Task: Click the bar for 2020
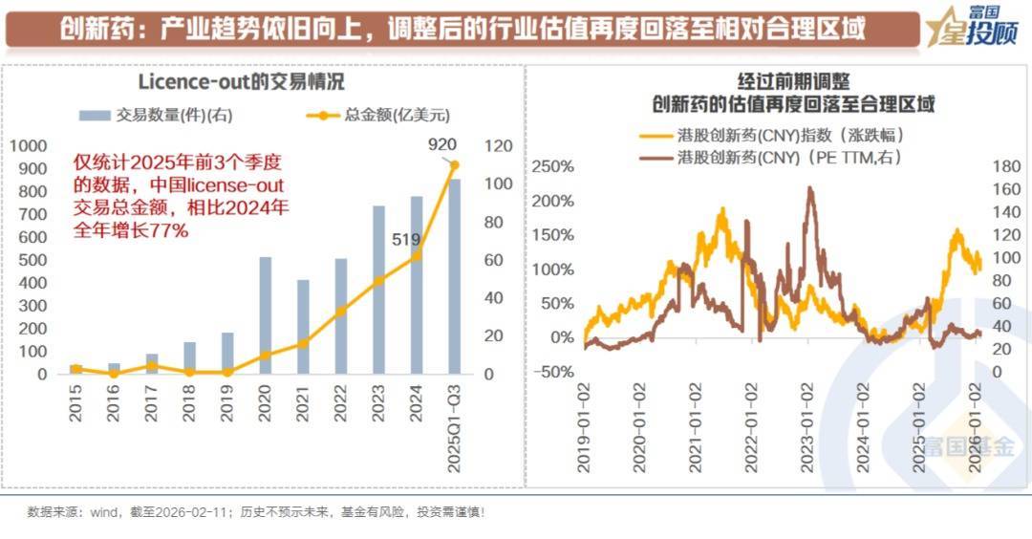(266, 315)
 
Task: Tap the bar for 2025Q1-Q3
(455, 277)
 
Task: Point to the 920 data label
(442, 144)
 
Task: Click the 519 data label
(406, 239)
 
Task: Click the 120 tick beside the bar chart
(499, 145)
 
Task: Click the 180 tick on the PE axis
(1007, 166)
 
